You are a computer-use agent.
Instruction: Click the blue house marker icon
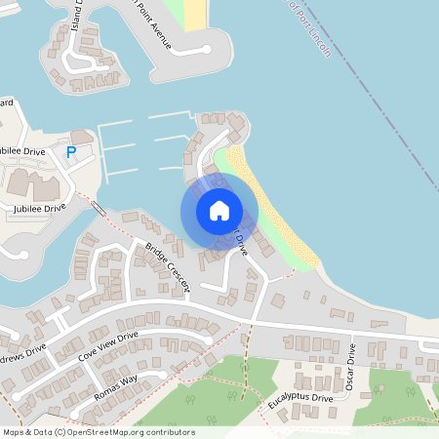point(219,211)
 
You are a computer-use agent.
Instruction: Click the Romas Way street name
point(116,388)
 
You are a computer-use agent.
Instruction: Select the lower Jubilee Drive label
point(39,208)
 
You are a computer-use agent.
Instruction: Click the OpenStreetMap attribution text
point(99,432)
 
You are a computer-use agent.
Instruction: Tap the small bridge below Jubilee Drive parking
point(100,208)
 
